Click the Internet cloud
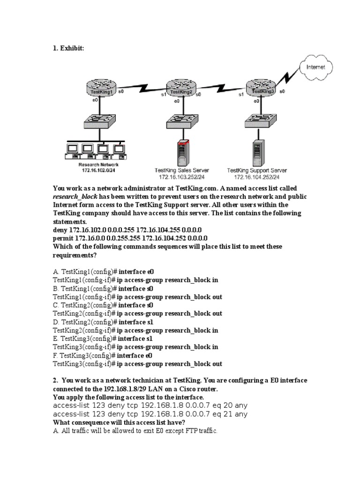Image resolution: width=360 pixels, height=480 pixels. coord(316,67)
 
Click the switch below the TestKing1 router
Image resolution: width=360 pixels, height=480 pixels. coord(98,122)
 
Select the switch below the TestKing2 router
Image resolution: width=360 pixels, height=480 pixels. coord(180,122)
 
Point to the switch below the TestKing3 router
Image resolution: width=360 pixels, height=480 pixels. coord(259,121)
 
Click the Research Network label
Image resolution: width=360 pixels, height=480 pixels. coord(98,165)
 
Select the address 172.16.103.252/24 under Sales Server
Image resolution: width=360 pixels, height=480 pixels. coord(182,177)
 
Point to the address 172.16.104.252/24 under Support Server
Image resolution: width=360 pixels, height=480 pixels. coord(256,177)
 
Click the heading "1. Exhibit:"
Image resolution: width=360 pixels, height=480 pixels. coord(68,49)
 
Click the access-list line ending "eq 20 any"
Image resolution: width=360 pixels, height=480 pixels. coord(150,405)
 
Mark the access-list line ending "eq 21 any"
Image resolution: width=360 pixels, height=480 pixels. coord(150,414)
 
